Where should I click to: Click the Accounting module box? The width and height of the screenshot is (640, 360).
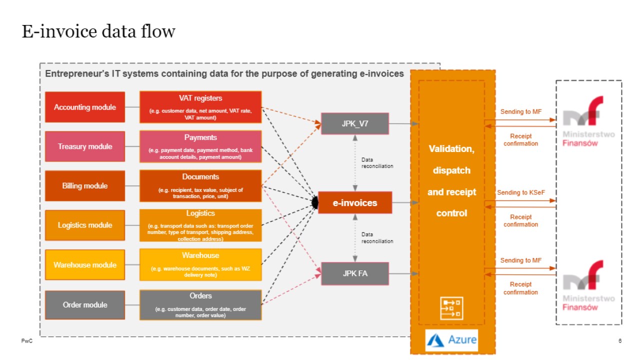pyautogui.click(x=85, y=107)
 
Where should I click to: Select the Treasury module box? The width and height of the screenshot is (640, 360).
pyautogui.click(x=85, y=146)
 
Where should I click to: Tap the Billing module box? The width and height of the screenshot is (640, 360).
pyautogui.click(x=85, y=186)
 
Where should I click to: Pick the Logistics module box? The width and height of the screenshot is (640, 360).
pyautogui.click(x=85, y=225)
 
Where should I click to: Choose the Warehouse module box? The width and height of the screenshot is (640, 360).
pyautogui.click(x=85, y=265)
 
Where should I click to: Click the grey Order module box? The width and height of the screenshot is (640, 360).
pyautogui.click(x=85, y=305)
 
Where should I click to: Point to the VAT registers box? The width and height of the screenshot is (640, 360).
pyautogui.click(x=200, y=107)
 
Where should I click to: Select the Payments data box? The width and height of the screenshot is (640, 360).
pyautogui.click(x=200, y=146)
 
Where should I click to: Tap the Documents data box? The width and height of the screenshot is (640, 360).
pyautogui.click(x=200, y=186)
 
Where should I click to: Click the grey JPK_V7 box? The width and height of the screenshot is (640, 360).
pyautogui.click(x=354, y=123)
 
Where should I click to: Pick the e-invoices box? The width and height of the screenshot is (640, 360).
pyautogui.click(x=354, y=203)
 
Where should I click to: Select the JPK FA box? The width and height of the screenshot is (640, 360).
pyautogui.click(x=354, y=273)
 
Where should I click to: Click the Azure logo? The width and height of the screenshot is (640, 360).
pyautogui.click(x=452, y=340)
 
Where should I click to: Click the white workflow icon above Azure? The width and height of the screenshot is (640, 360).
pyautogui.click(x=451, y=308)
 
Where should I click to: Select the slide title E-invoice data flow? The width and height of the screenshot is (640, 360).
pyautogui.click(x=98, y=31)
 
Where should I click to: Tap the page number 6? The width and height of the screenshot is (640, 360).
pyautogui.click(x=620, y=341)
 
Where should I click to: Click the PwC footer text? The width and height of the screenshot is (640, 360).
pyautogui.click(x=26, y=341)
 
